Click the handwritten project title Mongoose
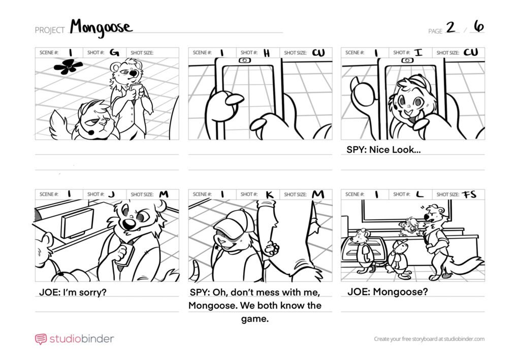101,27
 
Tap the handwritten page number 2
450,27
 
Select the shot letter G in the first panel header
114,52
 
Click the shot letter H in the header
267,53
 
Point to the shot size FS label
469,194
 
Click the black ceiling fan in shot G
68,67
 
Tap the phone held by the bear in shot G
136,89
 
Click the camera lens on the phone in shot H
245,60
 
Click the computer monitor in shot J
77,223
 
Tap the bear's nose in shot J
128,224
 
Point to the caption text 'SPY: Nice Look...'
384,150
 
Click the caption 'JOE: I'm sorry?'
73,292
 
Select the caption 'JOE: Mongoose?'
387,292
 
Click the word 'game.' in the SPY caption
255,319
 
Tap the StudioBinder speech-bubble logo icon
41,339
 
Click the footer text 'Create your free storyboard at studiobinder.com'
429,339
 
